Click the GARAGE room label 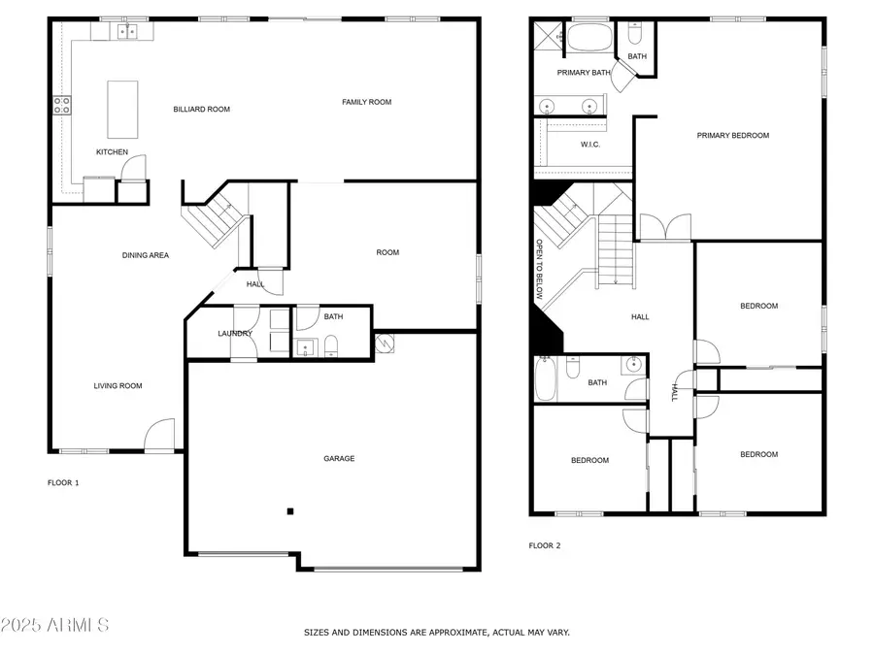point(339,458)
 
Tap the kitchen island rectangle point(119,110)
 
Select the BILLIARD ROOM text point(201,110)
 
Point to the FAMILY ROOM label point(366,102)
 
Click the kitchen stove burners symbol point(62,105)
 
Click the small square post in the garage point(289,510)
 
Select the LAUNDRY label point(234,334)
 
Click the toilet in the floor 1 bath point(330,345)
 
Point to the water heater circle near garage point(385,344)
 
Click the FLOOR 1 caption point(63,482)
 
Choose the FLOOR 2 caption point(545,545)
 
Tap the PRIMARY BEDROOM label point(732,136)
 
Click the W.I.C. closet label point(590,145)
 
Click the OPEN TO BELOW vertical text point(539,268)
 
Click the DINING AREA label point(146,255)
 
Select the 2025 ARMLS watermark point(55,624)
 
